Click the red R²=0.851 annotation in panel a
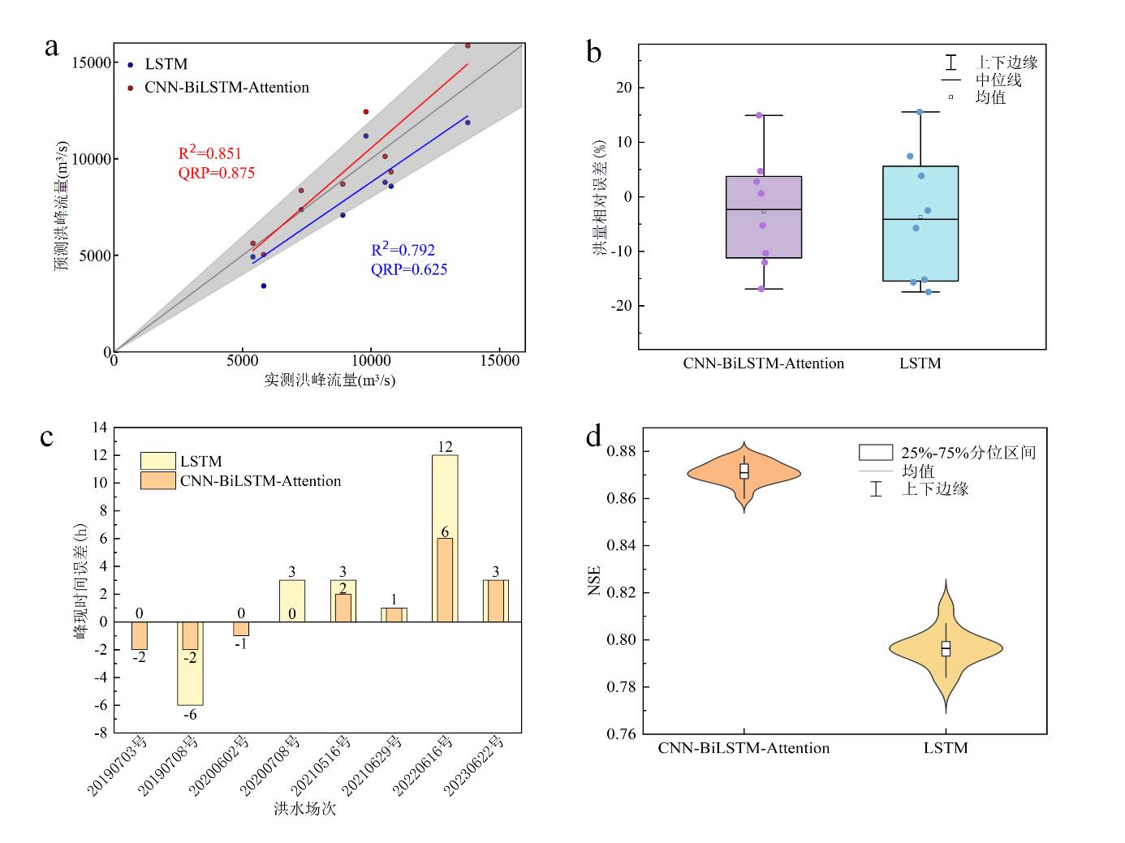[x=210, y=153]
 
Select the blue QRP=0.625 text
[x=409, y=269]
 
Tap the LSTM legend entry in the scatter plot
[x=166, y=64]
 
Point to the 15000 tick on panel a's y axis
[x=91, y=63]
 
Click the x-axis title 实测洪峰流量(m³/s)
[x=330, y=380]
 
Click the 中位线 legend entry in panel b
[x=998, y=80]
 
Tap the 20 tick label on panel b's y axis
[x=623, y=88]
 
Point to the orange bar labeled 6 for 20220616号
[x=445, y=579]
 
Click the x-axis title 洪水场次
[x=304, y=808]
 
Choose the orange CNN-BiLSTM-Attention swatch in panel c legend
[x=157, y=481]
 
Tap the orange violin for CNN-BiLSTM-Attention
[x=744, y=472]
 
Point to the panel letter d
[x=594, y=437]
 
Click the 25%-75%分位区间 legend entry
[x=968, y=453]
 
